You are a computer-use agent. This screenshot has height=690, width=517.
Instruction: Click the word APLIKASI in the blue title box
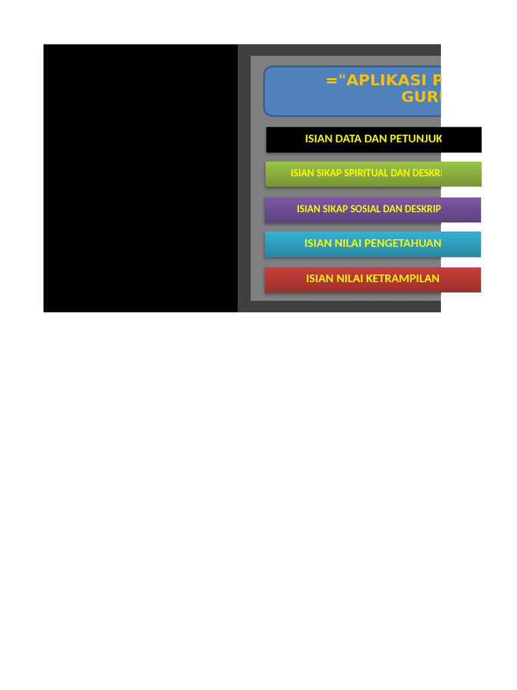378,81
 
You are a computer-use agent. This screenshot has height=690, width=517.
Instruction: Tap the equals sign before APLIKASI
331,81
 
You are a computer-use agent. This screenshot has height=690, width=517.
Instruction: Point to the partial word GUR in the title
421,97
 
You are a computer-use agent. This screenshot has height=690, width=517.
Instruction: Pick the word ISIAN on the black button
319,139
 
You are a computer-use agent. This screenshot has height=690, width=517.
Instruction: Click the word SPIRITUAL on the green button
366,173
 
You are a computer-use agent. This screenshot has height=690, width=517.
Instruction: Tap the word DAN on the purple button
393,209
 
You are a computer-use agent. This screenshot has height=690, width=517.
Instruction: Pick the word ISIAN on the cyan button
318,243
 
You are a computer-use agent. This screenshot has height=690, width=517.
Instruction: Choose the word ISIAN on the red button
320,279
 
